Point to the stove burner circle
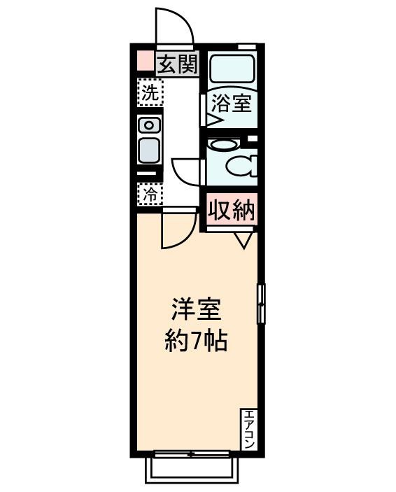point(149,125)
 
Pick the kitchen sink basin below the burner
point(149,150)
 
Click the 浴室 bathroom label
point(232,104)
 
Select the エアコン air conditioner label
point(250,429)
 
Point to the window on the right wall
point(261,304)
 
